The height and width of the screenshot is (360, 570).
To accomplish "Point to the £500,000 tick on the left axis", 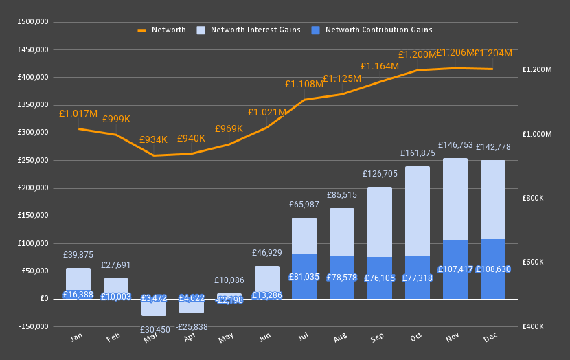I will pos(33,22).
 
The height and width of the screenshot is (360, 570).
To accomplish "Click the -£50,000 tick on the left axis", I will pos(32,326).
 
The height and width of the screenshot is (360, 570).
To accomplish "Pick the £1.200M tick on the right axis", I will pos(537,69).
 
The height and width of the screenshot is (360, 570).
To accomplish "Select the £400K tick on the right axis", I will pos(534,326).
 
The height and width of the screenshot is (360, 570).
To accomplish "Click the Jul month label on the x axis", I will pos(303,338).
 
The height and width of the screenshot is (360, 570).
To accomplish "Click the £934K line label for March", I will pos(153,139).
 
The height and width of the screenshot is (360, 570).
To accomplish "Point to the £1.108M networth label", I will pos(304,84).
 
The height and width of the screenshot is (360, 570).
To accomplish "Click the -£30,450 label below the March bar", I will pos(153,330).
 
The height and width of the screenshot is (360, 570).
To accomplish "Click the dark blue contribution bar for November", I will pos(455,269).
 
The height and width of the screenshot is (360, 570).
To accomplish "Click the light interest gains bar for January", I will pos(78,278).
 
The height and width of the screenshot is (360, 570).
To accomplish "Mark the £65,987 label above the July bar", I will pos(304,205).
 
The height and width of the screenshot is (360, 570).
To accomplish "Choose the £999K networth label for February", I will pos(116,119).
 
